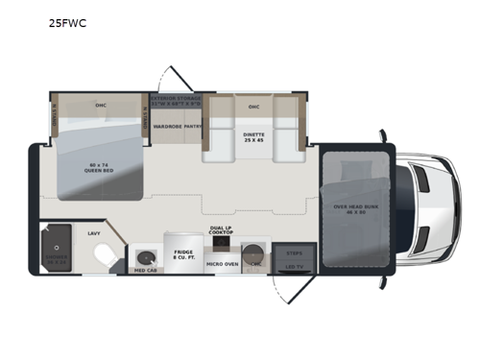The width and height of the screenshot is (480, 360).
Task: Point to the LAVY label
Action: [94, 233]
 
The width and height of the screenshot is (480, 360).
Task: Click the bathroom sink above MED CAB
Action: [145, 256]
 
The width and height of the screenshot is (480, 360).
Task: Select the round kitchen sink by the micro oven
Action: [254, 255]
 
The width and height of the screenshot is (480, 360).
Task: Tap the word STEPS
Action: [294, 252]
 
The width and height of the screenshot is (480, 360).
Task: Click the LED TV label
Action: [294, 268]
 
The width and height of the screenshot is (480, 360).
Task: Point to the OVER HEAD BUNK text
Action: [355, 207]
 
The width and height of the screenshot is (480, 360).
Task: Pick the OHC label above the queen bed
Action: [100, 105]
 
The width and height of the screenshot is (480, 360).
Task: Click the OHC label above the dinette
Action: [254, 107]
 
